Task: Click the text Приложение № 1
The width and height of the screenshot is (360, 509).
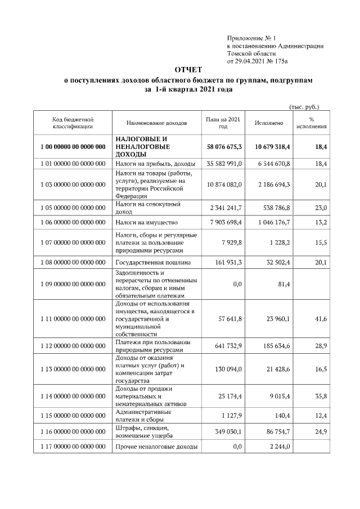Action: (249, 37)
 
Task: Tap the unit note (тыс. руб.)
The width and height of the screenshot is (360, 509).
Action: (304, 106)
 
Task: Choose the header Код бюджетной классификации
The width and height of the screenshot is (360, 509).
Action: (73, 123)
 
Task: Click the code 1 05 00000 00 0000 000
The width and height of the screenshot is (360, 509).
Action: (73, 208)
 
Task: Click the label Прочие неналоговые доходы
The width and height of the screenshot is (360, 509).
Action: (156, 447)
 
